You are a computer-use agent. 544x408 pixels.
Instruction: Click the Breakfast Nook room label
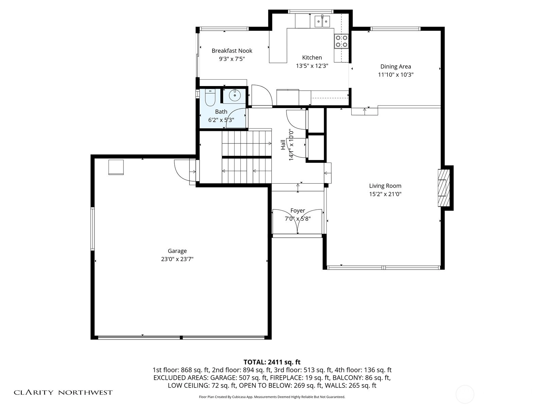click(232, 51)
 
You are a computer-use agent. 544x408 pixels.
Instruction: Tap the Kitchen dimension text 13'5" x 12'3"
click(312, 66)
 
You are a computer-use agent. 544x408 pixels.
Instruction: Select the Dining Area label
click(395, 67)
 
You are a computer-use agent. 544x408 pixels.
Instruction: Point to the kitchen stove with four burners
click(341, 41)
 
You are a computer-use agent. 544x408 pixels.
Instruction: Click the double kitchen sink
click(322, 21)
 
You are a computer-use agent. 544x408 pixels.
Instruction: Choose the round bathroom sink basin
click(235, 95)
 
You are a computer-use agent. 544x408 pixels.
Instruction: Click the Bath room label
click(221, 112)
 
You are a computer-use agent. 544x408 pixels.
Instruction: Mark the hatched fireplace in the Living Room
click(444, 188)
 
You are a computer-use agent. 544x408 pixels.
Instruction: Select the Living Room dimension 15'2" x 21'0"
click(385, 194)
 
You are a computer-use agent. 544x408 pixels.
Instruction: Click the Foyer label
click(297, 210)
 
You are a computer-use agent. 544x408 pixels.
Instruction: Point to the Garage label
click(177, 251)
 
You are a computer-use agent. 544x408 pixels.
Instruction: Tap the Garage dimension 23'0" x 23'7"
click(177, 259)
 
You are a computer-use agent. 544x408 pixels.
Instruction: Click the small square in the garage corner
click(116, 167)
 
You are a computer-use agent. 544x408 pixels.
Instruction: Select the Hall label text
click(283, 145)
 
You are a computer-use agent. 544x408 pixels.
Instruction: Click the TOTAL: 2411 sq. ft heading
click(272, 362)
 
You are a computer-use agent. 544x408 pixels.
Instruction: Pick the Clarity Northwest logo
click(63, 392)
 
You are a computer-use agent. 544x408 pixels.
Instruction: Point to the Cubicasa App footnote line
click(272, 397)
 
